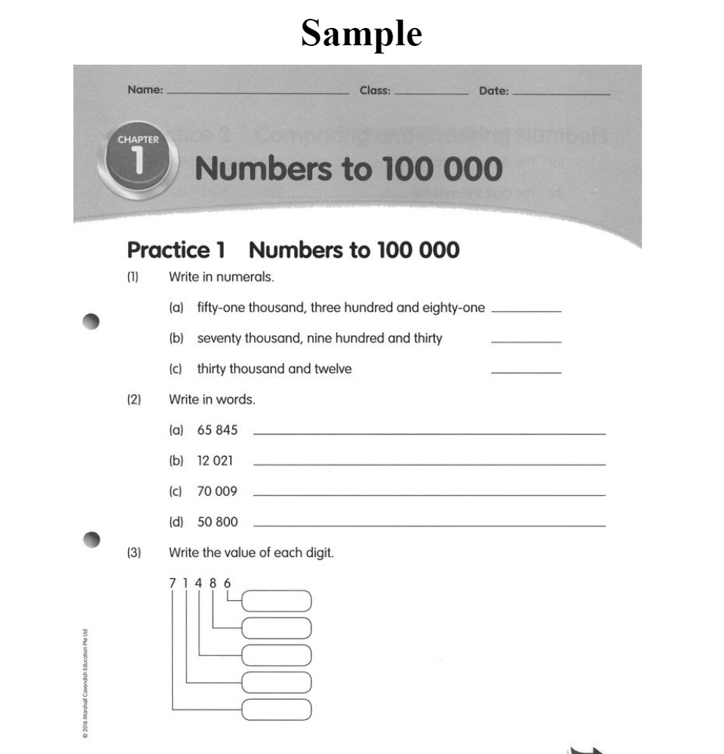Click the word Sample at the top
coord(361,33)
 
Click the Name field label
coord(145,90)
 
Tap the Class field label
coord(375,90)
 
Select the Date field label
coord(494,91)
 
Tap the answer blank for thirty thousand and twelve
coord(526,370)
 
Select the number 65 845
coord(217,431)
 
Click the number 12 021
coord(217,461)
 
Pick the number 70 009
coord(217,492)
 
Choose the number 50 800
coord(217,522)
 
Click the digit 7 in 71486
coord(173,582)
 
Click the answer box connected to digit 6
coord(276,601)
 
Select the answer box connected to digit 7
coord(276,710)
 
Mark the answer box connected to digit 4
coord(276,655)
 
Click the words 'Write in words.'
coord(212,400)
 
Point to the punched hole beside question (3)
coord(91,539)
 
